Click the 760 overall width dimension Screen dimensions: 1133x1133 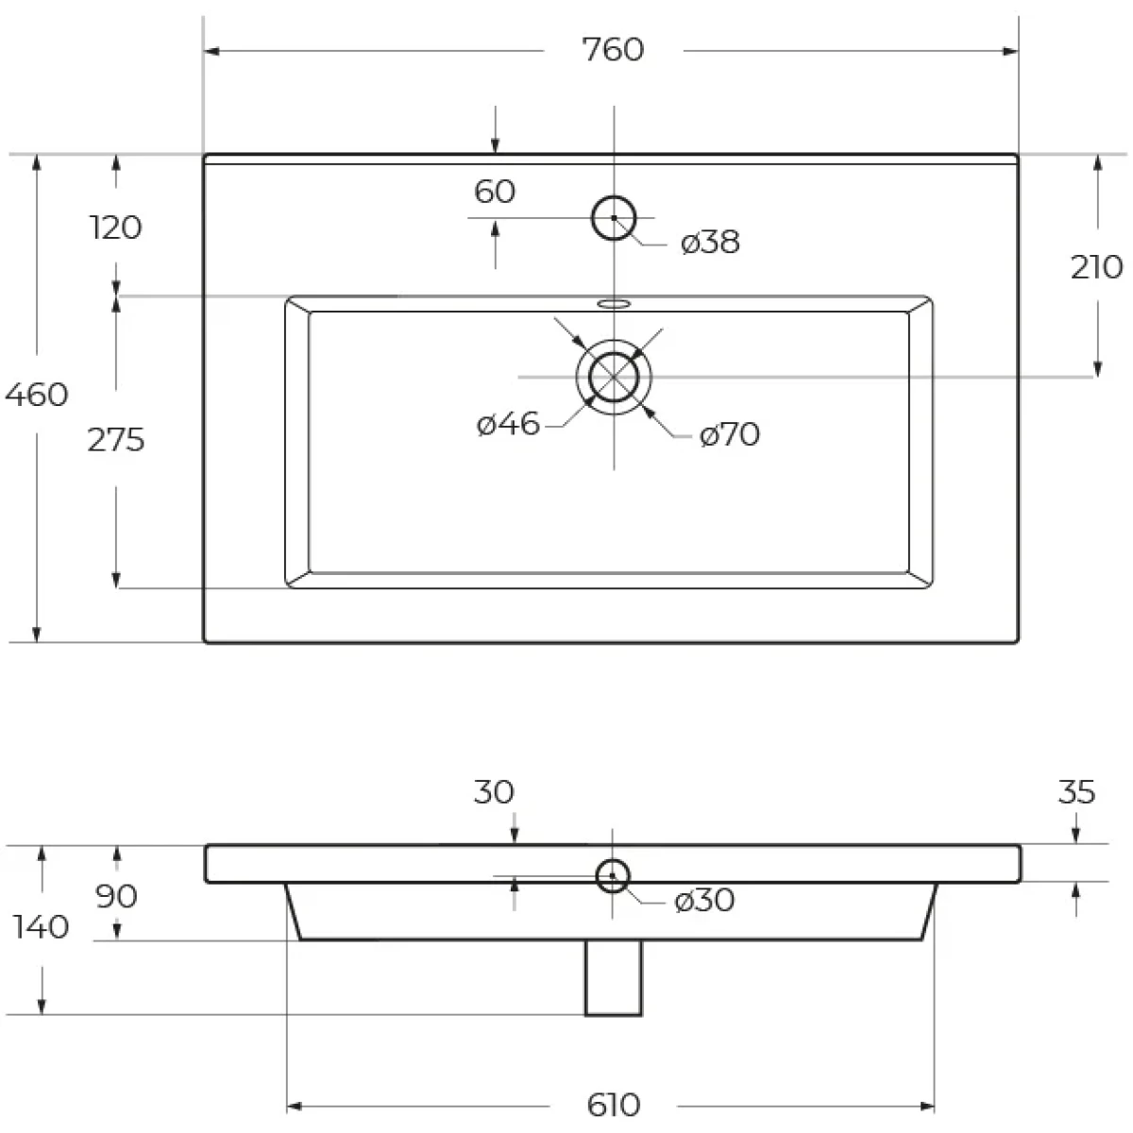click(x=613, y=49)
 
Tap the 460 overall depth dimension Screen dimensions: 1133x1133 click(x=37, y=394)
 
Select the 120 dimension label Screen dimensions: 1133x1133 click(x=116, y=228)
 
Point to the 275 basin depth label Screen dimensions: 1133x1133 click(x=116, y=440)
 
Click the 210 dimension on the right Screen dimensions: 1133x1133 click(x=1096, y=267)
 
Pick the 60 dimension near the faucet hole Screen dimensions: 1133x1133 click(x=495, y=192)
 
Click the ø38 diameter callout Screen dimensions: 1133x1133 click(x=710, y=243)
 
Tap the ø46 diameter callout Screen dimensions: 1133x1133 click(x=508, y=424)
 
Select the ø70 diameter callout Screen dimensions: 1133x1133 click(x=729, y=434)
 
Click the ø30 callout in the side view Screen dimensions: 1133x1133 click(x=704, y=900)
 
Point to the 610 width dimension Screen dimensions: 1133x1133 click(x=614, y=1105)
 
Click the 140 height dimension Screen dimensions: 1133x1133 click(x=42, y=927)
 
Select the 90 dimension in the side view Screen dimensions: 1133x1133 click(x=116, y=896)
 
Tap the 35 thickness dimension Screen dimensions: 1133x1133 click(x=1076, y=792)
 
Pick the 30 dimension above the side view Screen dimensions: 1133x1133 click(x=494, y=792)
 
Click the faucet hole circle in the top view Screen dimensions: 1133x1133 click(x=614, y=196)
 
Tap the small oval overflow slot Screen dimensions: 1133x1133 click(x=614, y=304)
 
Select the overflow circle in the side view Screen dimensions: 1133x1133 click(x=613, y=859)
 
